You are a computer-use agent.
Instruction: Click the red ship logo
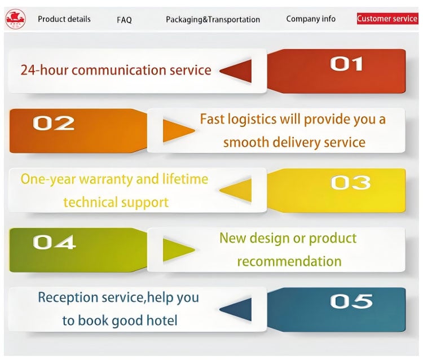point(16,19)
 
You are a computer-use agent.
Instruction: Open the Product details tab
point(64,19)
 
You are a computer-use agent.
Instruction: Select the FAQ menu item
point(125,20)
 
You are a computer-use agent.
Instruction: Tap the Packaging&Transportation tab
point(213,19)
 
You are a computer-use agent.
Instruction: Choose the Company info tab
point(311,19)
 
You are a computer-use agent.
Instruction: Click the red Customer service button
point(387,19)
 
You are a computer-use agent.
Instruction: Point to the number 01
point(347,64)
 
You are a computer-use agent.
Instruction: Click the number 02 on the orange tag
point(54,123)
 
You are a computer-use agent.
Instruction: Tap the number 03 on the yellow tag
point(351,182)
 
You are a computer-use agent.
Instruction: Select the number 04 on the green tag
point(54,242)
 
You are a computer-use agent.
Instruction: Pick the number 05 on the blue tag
point(351,301)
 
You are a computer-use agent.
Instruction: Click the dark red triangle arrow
point(236,71)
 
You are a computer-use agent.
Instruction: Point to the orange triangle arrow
point(179,131)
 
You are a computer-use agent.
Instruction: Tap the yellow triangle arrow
point(236,190)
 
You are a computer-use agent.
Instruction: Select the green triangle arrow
point(179,249)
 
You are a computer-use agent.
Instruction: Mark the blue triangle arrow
point(236,310)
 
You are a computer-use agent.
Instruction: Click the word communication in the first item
point(118,70)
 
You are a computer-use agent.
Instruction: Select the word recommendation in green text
point(289,261)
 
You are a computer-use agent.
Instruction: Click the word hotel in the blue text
point(162,321)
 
